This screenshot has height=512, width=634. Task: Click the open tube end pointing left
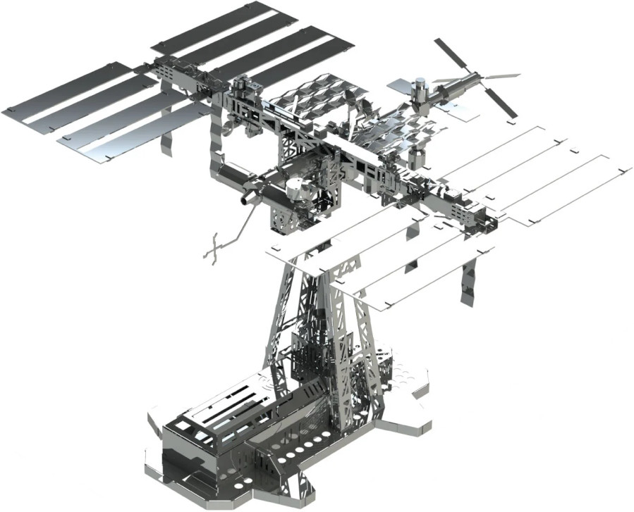coord(247,199)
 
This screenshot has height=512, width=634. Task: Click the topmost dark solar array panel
coord(212,28)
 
